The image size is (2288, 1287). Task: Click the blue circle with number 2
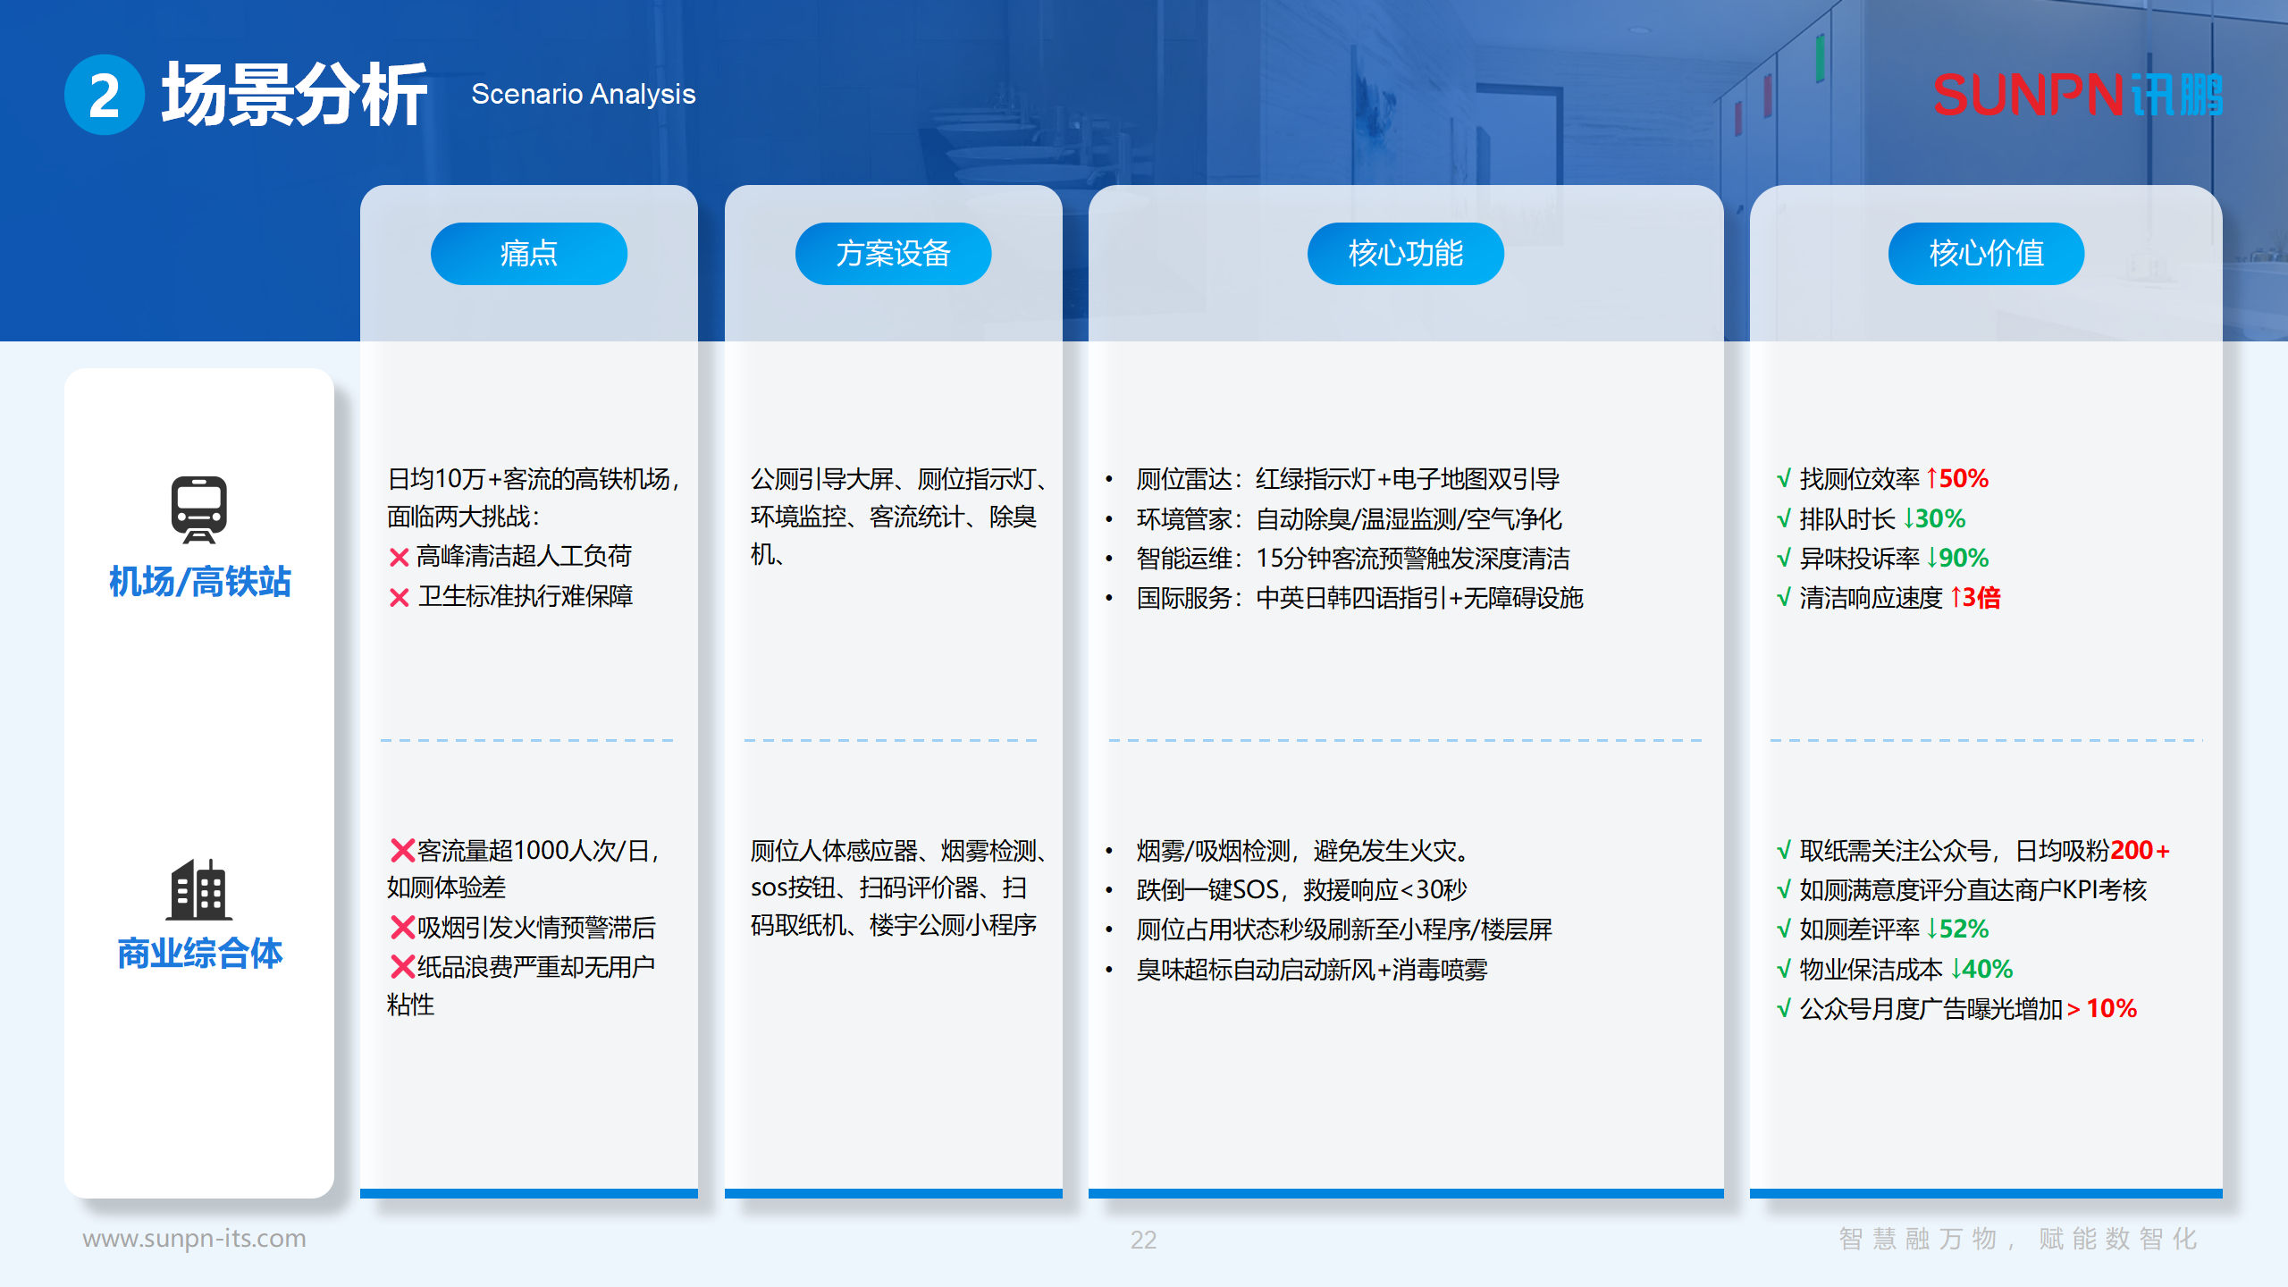(104, 95)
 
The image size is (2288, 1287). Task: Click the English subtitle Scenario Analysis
(583, 94)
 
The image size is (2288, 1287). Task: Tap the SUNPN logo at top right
(2077, 95)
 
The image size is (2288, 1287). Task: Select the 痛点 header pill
(528, 254)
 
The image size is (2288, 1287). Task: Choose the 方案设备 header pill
(893, 254)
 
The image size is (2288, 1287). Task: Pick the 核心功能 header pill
(1405, 254)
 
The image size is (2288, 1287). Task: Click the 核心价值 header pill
(1986, 254)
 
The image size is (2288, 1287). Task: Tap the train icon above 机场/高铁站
(198, 509)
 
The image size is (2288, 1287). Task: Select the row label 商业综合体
(199, 954)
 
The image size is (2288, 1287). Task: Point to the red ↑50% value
(1957, 479)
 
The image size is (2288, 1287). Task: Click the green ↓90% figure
(1957, 559)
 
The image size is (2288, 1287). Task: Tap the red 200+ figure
(2140, 851)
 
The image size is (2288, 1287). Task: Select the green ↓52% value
(1957, 929)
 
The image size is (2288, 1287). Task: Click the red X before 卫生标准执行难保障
(399, 598)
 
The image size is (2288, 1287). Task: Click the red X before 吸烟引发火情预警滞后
(402, 928)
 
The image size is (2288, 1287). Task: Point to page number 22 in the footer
(1143, 1240)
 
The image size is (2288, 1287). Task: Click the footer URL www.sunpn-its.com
(194, 1239)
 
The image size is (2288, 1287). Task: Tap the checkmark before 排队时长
(1784, 519)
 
